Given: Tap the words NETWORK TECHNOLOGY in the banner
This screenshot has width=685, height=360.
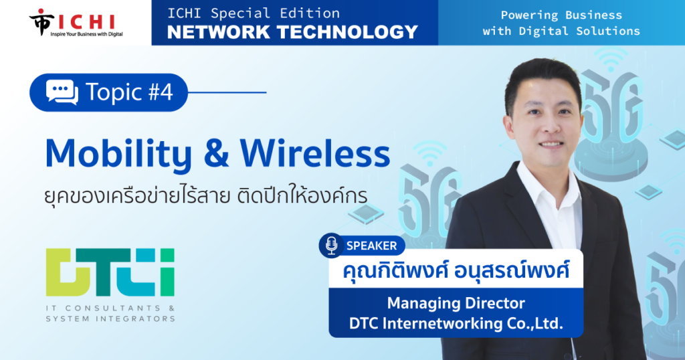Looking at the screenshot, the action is click(293, 32).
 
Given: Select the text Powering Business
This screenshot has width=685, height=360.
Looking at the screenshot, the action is click(561, 15).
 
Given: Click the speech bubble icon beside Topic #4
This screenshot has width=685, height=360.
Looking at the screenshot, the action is click(62, 92).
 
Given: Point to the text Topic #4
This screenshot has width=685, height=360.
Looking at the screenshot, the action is click(129, 92).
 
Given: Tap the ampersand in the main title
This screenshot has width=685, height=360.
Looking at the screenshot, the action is click(216, 154).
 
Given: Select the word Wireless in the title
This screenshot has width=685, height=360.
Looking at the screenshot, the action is click(315, 153).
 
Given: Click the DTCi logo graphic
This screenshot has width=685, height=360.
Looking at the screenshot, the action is click(110, 272).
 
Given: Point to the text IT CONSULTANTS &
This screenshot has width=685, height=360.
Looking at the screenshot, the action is click(110, 308).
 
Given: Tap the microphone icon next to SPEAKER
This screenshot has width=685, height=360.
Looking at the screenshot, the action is click(332, 245).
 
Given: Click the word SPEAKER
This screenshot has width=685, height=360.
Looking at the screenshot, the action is click(371, 246).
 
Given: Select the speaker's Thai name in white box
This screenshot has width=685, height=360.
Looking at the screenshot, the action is click(456, 270).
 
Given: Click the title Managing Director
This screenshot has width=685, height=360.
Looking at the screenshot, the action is click(456, 302).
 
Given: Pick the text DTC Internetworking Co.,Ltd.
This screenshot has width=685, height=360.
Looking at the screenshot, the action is click(456, 323).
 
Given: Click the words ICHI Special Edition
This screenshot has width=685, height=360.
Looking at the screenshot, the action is click(254, 13).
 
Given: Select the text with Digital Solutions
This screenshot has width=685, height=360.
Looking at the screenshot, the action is click(561, 31).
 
